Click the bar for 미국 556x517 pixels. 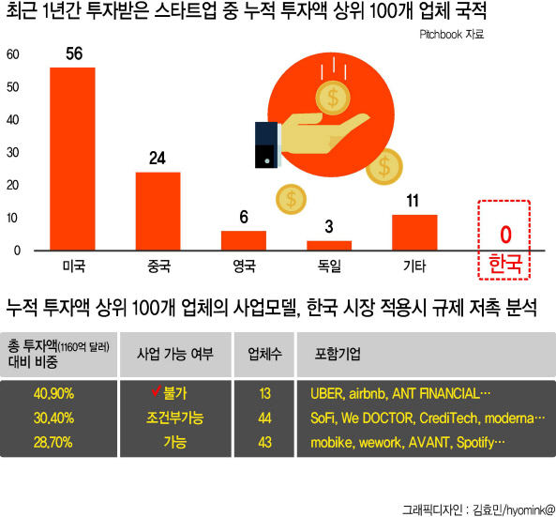(x=72, y=159)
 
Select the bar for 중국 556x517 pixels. (x=158, y=211)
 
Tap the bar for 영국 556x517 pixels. (x=244, y=240)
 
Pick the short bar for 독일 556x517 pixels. (x=329, y=246)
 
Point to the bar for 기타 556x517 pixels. (x=414, y=233)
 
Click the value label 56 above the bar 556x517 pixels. (x=74, y=53)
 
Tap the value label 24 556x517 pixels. (x=158, y=159)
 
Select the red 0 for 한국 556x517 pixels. (x=505, y=235)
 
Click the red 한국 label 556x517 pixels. (x=505, y=264)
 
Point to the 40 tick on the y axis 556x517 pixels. (x=13, y=120)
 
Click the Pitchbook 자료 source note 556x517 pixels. (x=451, y=35)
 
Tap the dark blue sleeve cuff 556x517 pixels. (x=267, y=144)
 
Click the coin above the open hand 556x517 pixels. (x=333, y=98)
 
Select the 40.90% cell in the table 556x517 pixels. (x=53, y=393)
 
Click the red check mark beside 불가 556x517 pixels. (x=156, y=390)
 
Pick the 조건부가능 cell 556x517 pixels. (x=174, y=418)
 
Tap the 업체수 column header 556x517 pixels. (x=264, y=354)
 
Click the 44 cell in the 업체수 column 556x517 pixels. (x=264, y=418)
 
